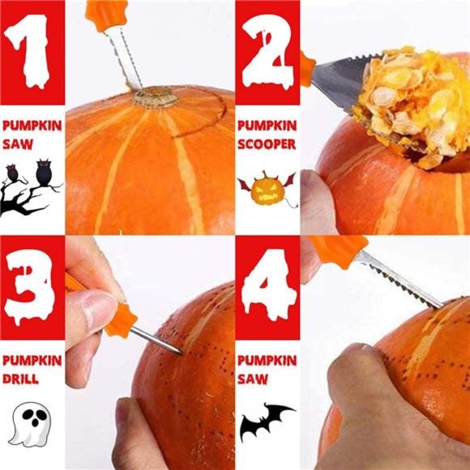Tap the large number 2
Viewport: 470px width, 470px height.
267,52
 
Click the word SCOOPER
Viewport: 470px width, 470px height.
267,144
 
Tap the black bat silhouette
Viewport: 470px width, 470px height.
267,422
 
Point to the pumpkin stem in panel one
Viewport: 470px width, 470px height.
155,97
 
